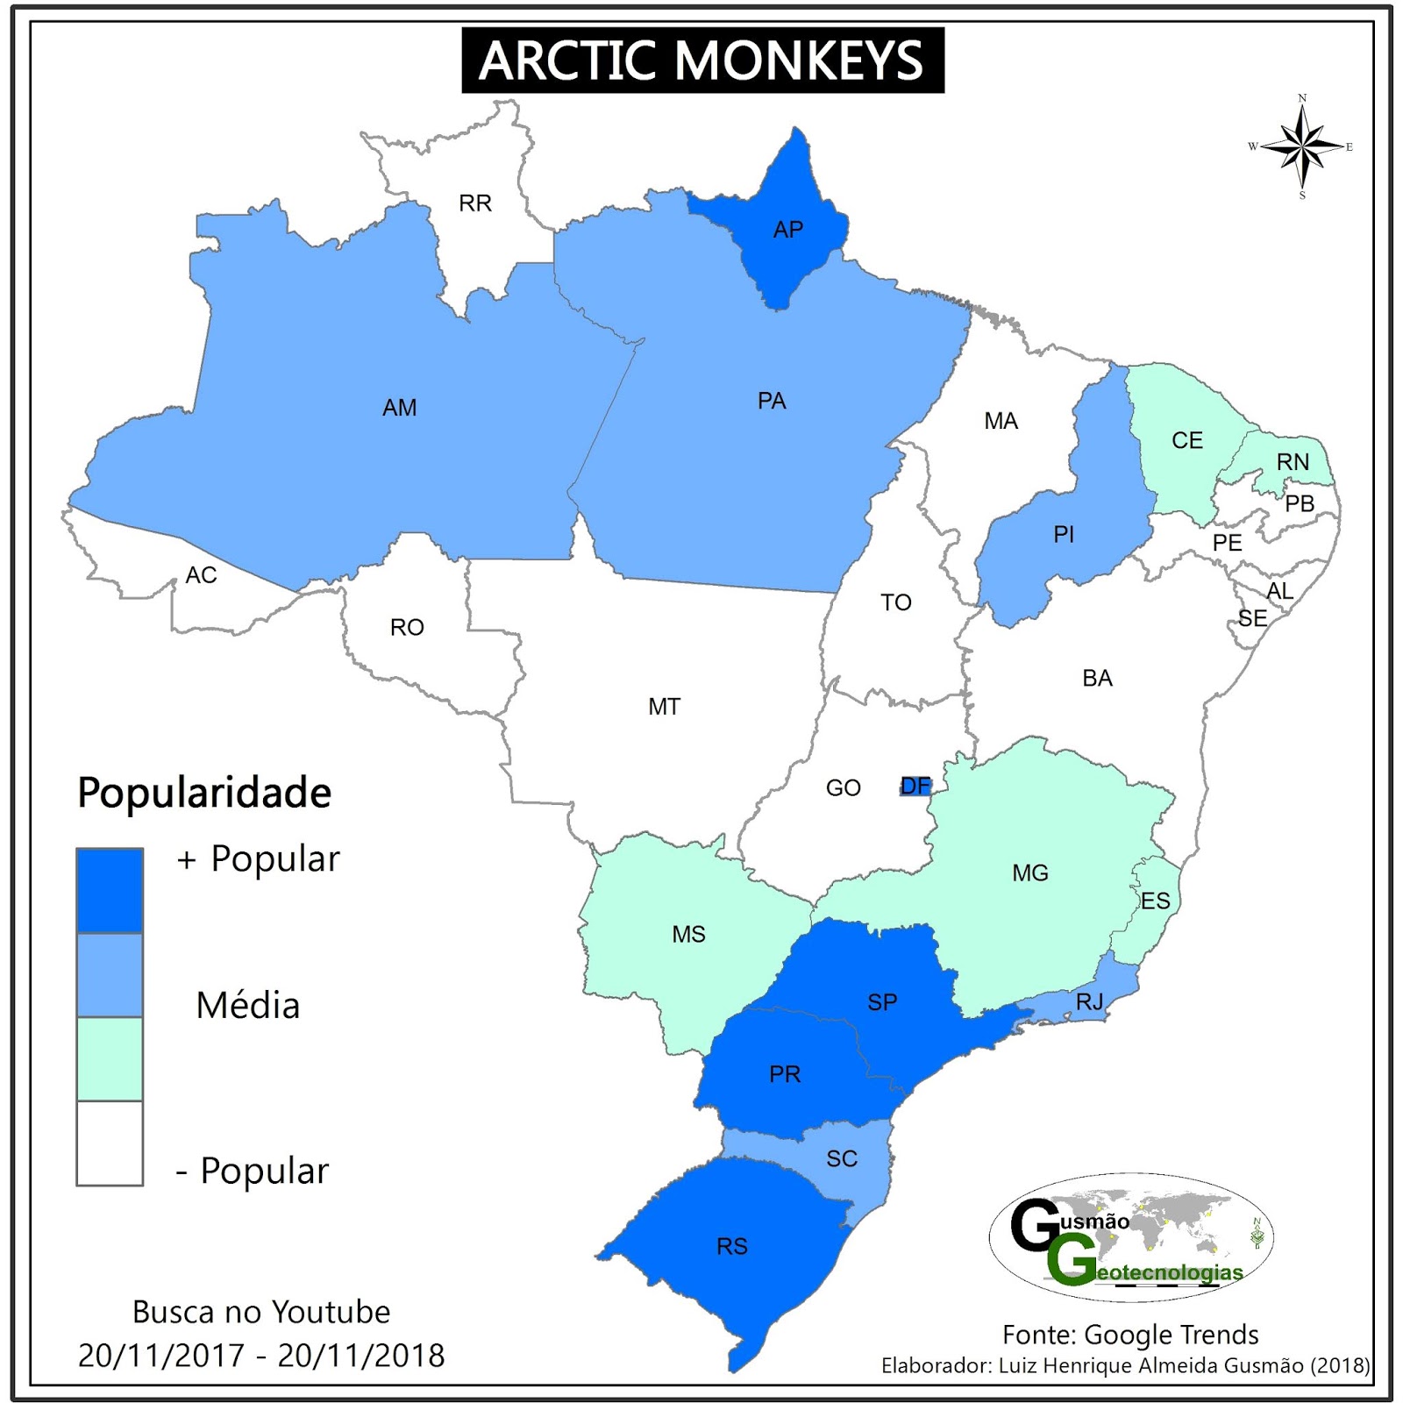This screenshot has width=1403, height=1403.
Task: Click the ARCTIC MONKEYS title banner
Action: coord(702,61)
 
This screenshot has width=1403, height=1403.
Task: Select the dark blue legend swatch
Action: coord(110,889)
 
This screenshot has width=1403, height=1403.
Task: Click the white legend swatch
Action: coord(110,1143)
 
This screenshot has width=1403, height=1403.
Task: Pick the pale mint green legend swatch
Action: coord(110,1058)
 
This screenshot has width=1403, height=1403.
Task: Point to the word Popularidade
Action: coord(204,793)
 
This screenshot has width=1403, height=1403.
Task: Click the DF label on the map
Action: coord(915,786)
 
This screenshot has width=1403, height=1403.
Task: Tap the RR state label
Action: coord(475,203)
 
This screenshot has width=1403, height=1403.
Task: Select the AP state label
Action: coord(787,230)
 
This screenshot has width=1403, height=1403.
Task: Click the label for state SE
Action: coord(1252,619)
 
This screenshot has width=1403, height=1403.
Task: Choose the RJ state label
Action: coord(1089,1001)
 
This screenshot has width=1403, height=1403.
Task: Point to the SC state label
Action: coord(842,1159)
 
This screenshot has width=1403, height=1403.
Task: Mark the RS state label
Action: coord(732,1246)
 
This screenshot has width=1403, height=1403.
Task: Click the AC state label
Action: coord(201,575)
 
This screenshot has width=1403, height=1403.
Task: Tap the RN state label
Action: coord(1293,462)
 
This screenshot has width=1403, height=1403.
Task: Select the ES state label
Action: coord(1156,901)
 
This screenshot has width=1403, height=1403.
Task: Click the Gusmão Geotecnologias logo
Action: coord(1131,1237)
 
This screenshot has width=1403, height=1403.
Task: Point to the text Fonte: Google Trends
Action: coord(1130,1335)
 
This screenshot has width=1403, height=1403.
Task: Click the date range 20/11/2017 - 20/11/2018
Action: coord(261,1356)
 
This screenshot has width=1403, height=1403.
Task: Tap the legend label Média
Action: coord(248,1006)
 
